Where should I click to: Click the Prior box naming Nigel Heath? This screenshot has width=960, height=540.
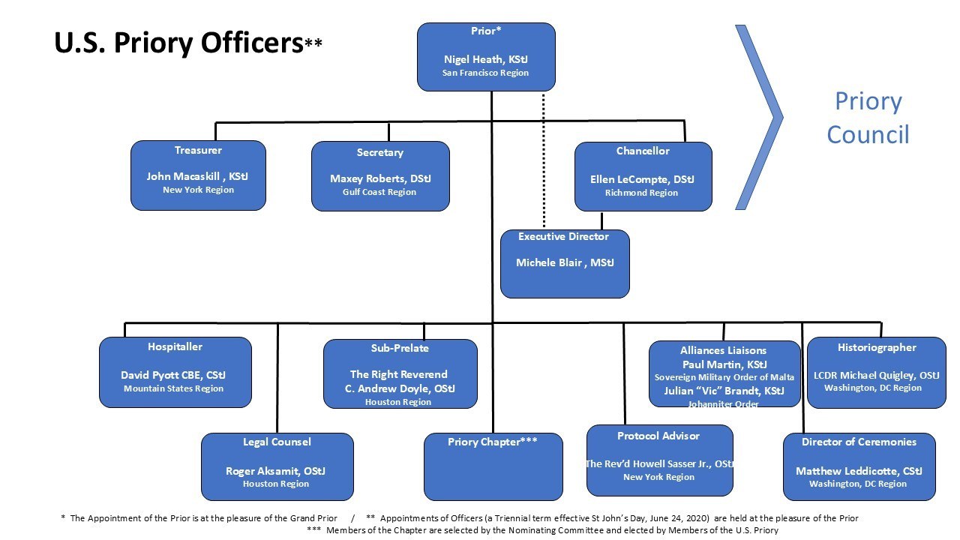click(x=486, y=56)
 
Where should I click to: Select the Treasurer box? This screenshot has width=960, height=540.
click(x=198, y=175)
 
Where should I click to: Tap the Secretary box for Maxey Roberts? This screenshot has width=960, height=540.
click(x=380, y=176)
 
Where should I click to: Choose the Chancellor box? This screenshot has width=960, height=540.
click(x=643, y=176)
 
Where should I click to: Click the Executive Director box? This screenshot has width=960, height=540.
click(x=565, y=263)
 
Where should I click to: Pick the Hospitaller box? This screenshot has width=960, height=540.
click(x=175, y=372)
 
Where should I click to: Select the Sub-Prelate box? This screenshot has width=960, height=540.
click(x=400, y=373)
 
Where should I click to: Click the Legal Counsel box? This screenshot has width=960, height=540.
click(x=277, y=466)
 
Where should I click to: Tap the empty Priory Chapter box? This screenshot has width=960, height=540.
click(x=493, y=466)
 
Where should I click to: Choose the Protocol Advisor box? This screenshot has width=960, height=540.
click(x=659, y=460)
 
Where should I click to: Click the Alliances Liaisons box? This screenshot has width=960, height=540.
click(x=724, y=373)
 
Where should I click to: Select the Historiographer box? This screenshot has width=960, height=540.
click(x=876, y=372)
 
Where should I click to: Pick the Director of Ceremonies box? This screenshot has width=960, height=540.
click(x=859, y=466)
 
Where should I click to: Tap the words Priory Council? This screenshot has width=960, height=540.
click(x=868, y=118)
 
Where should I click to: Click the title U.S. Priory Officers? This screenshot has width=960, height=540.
click(x=178, y=43)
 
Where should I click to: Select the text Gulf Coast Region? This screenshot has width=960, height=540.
click(x=380, y=192)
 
